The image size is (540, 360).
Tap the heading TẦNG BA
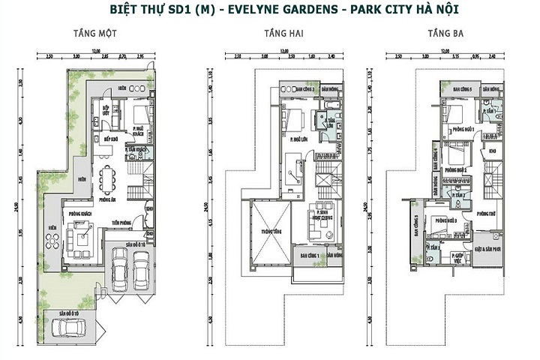pyautogui.click(x=443, y=34)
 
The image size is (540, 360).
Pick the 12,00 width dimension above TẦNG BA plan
pyautogui.click(x=445, y=50)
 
